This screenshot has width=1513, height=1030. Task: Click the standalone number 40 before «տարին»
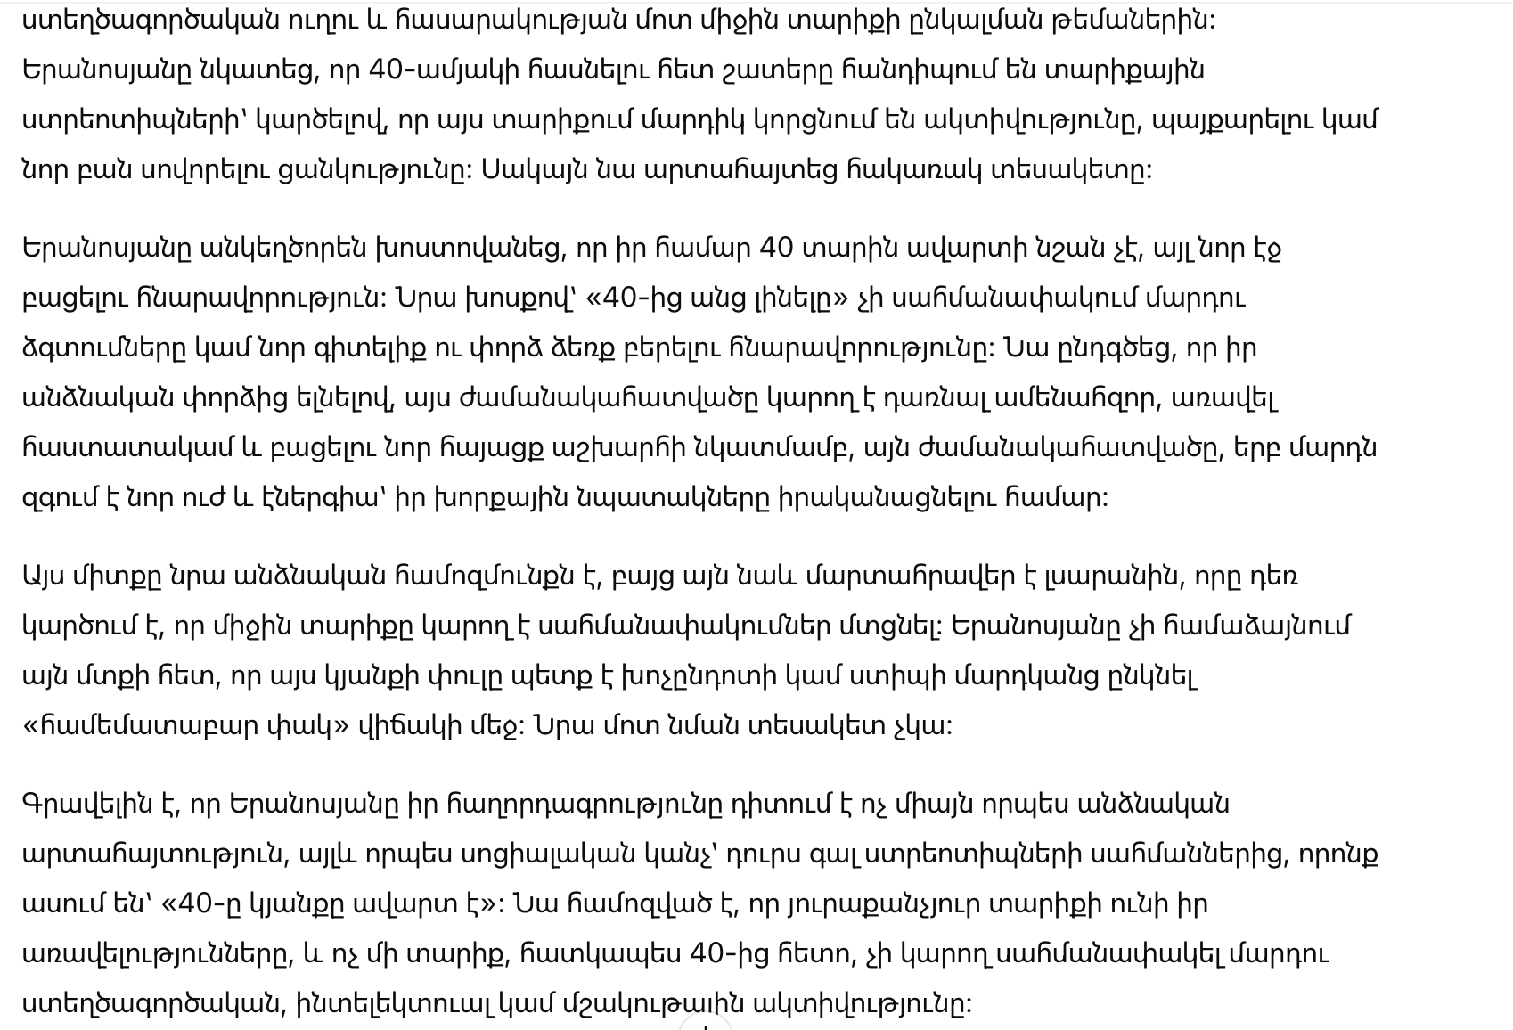coord(776,248)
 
